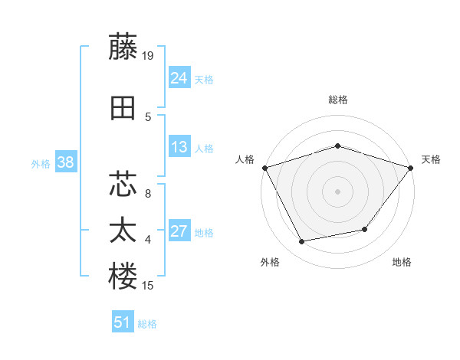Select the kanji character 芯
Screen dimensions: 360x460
tap(123, 184)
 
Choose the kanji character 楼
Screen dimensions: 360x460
tap(123, 276)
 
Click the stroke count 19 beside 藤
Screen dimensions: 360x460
tap(149, 55)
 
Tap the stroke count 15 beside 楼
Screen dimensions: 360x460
tap(149, 286)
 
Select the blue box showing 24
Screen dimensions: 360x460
tap(179, 78)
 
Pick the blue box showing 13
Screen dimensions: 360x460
tap(179, 147)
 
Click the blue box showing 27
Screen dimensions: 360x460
tap(179, 232)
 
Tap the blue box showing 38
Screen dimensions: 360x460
tap(65, 162)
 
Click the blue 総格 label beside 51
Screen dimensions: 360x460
tap(147, 324)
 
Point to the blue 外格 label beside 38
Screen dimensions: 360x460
tap(41, 163)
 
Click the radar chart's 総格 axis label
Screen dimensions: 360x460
tap(337, 100)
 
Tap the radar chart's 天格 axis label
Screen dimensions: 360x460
tap(431, 159)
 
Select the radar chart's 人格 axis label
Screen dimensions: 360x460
tap(245, 159)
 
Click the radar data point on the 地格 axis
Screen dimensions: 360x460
tap(365, 229)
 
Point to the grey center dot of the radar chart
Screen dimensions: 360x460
tap(337, 191)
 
